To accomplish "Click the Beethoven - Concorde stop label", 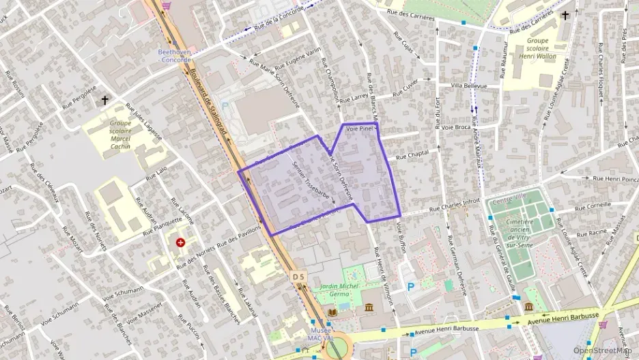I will (x=175, y=55).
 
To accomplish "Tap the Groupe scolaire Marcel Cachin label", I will (x=121, y=135).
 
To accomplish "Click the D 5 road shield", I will (x=297, y=277).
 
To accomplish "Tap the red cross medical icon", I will (x=181, y=243).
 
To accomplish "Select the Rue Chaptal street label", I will (x=412, y=155).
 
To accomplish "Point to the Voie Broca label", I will (x=456, y=127).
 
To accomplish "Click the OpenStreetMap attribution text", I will (x=602, y=350).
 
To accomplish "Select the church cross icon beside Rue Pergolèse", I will (x=104, y=100).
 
